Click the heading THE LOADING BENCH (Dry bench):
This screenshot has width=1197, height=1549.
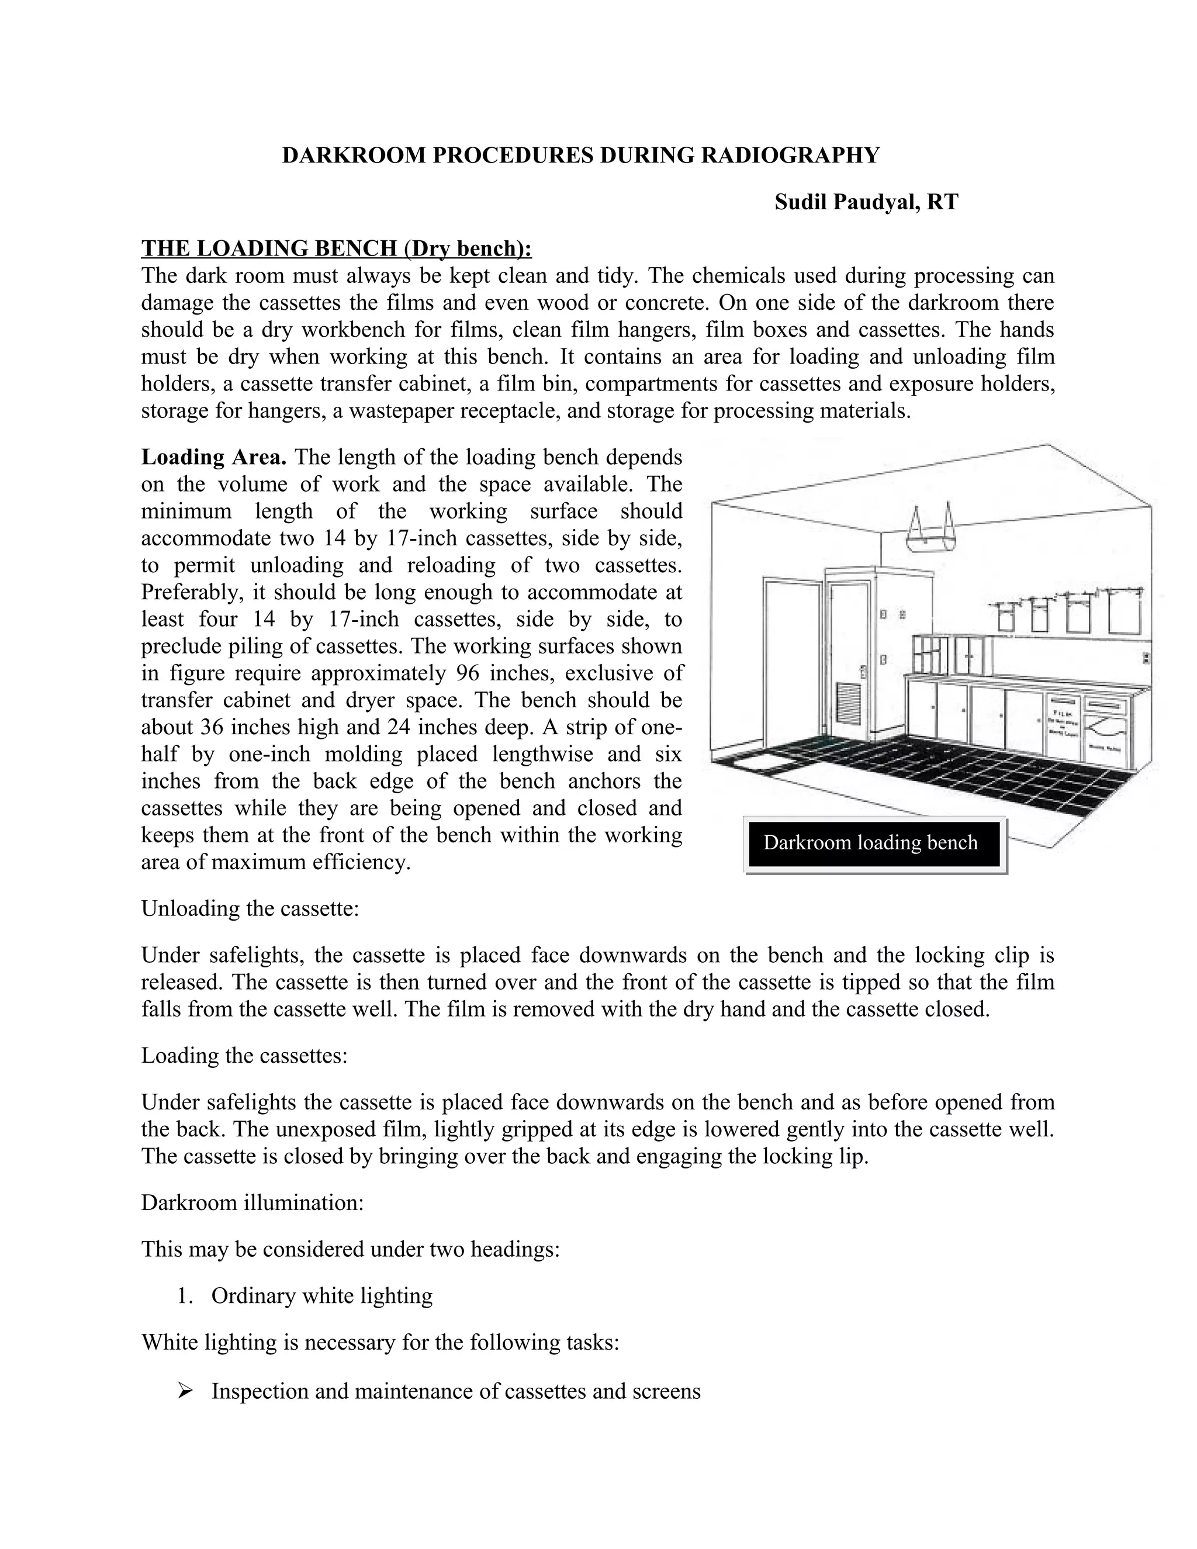tap(336, 248)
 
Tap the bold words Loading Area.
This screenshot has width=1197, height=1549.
tap(213, 457)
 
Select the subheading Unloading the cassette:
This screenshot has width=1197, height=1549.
tap(250, 908)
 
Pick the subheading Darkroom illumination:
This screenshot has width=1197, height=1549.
tap(252, 1203)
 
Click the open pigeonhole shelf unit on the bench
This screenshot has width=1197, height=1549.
tap(930, 655)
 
